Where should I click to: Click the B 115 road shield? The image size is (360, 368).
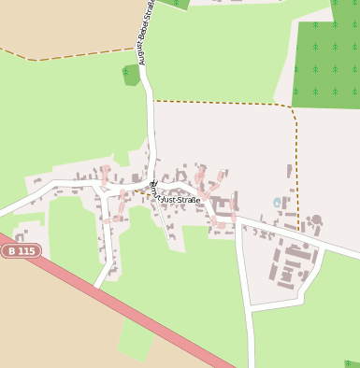pos(21,251)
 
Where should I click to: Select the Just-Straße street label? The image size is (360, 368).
pos(180,200)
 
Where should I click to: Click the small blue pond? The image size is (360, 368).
pos(277,203)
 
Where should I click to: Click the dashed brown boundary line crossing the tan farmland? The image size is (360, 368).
pos(84,54)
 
